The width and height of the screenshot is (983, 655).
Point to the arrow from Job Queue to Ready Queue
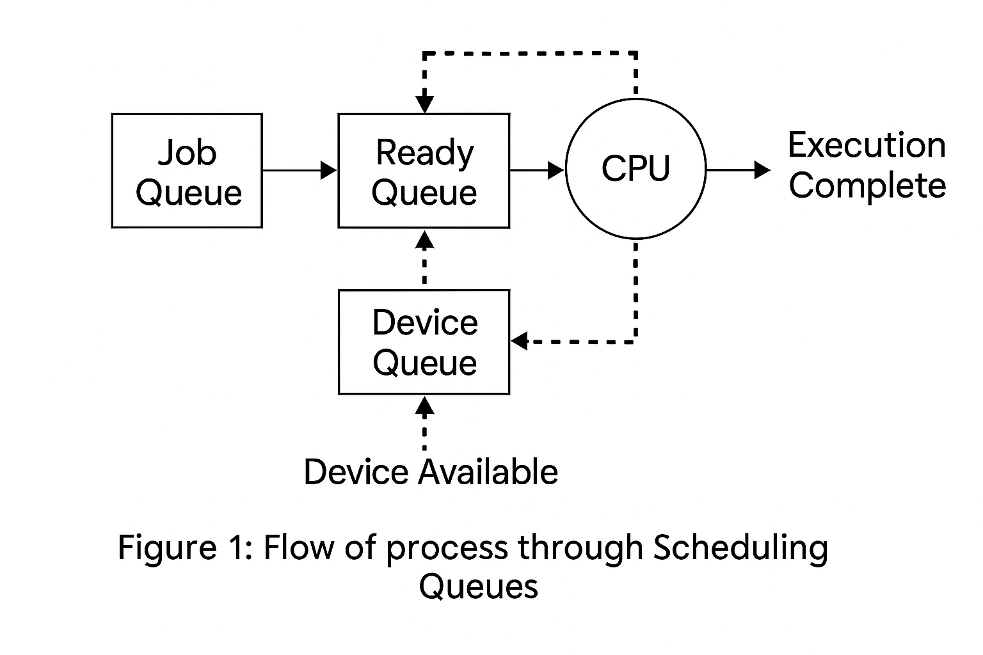[300, 170]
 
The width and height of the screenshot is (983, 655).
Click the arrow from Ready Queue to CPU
[537, 170]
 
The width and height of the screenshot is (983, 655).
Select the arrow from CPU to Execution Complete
[739, 170]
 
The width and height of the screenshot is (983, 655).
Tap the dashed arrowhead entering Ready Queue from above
[424, 104]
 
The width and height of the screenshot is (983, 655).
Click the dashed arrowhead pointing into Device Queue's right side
[520, 341]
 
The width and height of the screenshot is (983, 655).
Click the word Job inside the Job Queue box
[188, 152]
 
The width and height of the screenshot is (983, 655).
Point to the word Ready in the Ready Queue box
[425, 154]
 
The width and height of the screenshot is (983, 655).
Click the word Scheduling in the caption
[740, 548]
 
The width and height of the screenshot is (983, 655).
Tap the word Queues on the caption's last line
[478, 587]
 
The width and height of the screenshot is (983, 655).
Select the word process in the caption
[447, 551]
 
